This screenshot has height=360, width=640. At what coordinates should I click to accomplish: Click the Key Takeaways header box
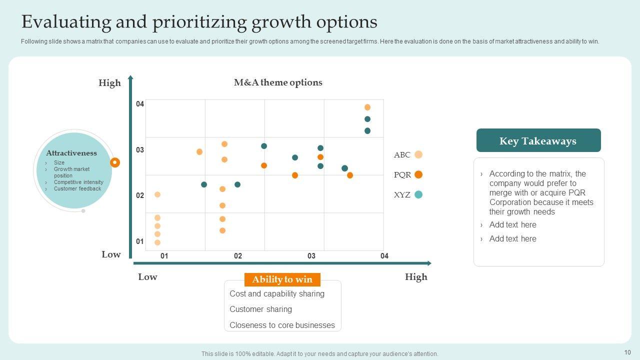pyautogui.click(x=538, y=140)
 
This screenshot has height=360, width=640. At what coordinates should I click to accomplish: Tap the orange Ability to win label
pyautogui.click(x=282, y=279)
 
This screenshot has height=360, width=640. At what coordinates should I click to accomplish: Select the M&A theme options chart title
pyautogui.click(x=278, y=82)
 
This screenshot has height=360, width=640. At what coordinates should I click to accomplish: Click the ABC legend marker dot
pyautogui.click(x=418, y=154)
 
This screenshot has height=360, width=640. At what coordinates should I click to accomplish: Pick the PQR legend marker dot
pyautogui.click(x=418, y=174)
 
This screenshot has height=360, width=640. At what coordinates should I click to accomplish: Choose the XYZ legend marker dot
pyautogui.click(x=418, y=194)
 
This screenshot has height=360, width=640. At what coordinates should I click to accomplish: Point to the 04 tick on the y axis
pyautogui.click(x=140, y=104)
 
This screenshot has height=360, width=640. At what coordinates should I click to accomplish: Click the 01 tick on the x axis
pyautogui.click(x=164, y=256)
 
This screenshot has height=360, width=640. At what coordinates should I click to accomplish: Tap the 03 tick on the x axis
pyautogui.click(x=311, y=256)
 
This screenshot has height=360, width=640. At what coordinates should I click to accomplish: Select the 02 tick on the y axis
pyautogui.click(x=140, y=195)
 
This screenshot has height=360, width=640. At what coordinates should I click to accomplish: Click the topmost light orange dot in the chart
pyautogui.click(x=367, y=107)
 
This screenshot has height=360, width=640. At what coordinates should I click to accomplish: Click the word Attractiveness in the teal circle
pyautogui.click(x=71, y=153)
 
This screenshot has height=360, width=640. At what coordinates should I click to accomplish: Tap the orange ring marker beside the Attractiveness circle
pyautogui.click(x=115, y=162)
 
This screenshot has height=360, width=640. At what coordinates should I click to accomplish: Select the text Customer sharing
pyautogui.click(x=260, y=309)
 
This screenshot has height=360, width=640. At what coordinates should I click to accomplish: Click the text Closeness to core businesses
pyautogui.click(x=282, y=325)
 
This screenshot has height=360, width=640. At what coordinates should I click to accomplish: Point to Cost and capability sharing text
pyautogui.click(x=277, y=293)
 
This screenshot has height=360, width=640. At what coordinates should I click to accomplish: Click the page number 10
pyautogui.click(x=627, y=352)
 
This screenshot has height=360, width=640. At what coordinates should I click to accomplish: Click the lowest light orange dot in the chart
pyautogui.click(x=157, y=242)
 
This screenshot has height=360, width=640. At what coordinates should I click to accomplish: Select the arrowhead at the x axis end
pyautogui.click(x=428, y=263)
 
